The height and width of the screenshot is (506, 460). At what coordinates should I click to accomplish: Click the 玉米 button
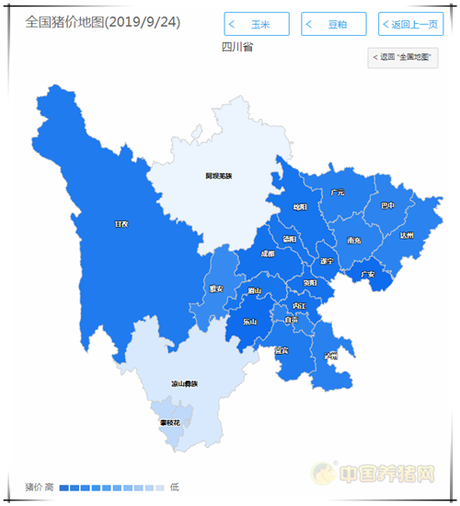coord(257,24)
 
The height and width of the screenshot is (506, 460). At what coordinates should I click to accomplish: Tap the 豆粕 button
coord(333,24)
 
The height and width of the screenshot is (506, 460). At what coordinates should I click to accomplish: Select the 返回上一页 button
coord(410,24)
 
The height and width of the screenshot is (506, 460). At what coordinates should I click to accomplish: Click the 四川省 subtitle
coord(236,45)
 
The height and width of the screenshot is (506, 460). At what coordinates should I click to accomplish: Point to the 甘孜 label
coord(121,223)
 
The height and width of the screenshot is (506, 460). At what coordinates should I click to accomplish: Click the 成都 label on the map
coord(267,253)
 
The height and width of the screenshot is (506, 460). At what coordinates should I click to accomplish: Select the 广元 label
coord(338,193)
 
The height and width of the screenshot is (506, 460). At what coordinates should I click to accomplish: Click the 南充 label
coord(354,241)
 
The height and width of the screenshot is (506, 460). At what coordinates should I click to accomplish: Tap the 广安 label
coord(367,274)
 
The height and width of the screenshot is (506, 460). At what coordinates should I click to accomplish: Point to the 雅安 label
coord(216,288)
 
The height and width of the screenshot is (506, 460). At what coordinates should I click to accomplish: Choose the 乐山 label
coord(250,322)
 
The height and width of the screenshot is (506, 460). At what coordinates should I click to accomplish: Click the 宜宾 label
coord(282,350)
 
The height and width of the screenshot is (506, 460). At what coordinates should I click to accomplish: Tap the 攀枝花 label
coord(170,422)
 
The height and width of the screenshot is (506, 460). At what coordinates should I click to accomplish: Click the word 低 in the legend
coord(175,487)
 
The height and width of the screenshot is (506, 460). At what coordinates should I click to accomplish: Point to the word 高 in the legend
coord(50,487)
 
